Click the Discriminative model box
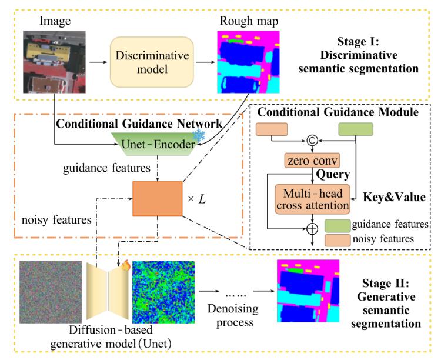[x=152, y=62]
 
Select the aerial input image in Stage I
[x=54, y=62]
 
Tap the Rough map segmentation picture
[x=248, y=62]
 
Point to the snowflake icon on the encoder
[x=199, y=135]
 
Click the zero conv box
[x=312, y=161]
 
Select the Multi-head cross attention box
[x=312, y=199]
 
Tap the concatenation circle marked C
[x=312, y=140]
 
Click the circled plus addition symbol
[x=312, y=229]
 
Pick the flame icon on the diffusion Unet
[x=126, y=265]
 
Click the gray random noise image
[x=51, y=292]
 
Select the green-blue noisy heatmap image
[x=163, y=292]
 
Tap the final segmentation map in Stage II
[x=308, y=291]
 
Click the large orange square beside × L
[x=158, y=199]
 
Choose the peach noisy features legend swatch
[x=338, y=241]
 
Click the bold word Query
[x=333, y=175]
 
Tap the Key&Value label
[x=394, y=197]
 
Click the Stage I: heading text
[x=358, y=42]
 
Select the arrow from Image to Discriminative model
[x=98, y=62]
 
